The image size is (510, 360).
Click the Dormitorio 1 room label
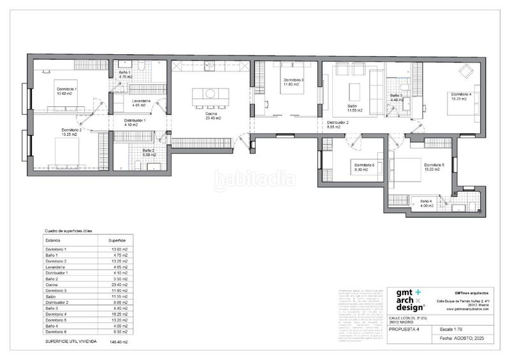click(66, 89)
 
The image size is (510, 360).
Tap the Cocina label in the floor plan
click(212, 113)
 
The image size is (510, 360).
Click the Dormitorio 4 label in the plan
click(461, 94)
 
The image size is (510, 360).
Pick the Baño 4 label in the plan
click(426, 202)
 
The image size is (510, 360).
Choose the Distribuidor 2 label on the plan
click(338, 122)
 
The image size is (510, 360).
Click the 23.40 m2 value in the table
click(119, 284)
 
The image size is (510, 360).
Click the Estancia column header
click(53, 240)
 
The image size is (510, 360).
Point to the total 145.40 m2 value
click(119, 342)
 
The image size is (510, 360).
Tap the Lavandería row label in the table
click(55, 266)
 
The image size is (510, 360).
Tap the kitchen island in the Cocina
click(210, 94)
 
